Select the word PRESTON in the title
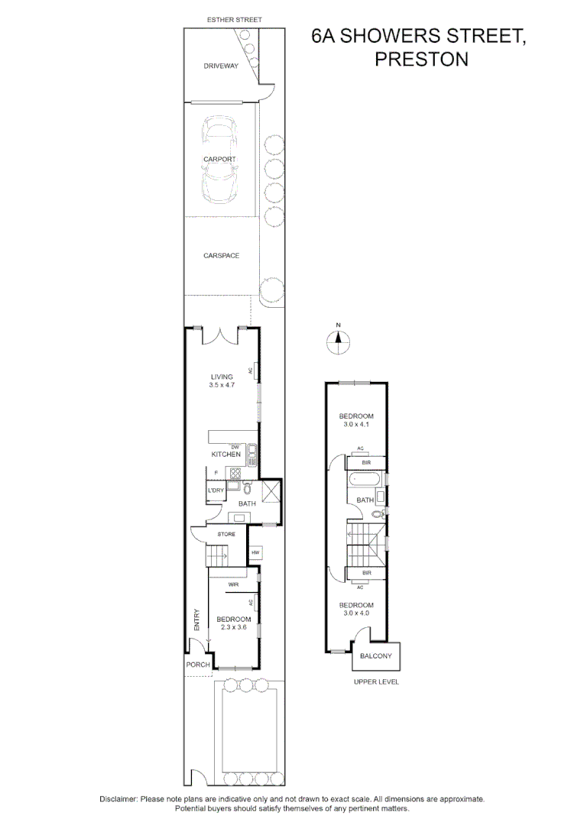click(x=420, y=59)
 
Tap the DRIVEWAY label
click(x=221, y=66)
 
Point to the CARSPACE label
click(x=221, y=255)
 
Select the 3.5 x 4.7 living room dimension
click(x=222, y=386)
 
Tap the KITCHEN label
click(x=226, y=455)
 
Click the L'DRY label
click(x=216, y=490)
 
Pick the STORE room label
click(x=226, y=534)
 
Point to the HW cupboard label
click(x=256, y=552)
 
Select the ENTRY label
click(x=196, y=618)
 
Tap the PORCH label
click(x=198, y=665)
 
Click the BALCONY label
click(x=376, y=656)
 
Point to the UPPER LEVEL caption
click(x=376, y=681)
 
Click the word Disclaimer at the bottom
click(x=118, y=799)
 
